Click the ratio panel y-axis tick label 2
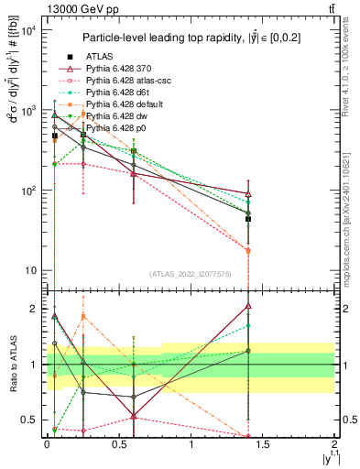(x=32, y=309)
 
